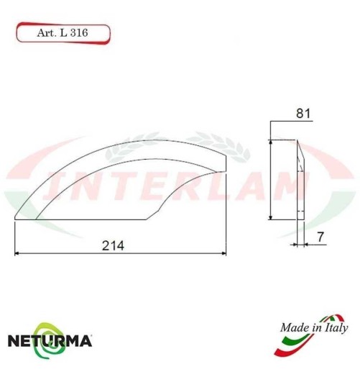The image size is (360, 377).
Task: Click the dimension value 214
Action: click(x=114, y=245)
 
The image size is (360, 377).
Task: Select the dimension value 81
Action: click(x=302, y=113)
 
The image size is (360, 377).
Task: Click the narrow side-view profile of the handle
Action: click(x=300, y=180)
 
